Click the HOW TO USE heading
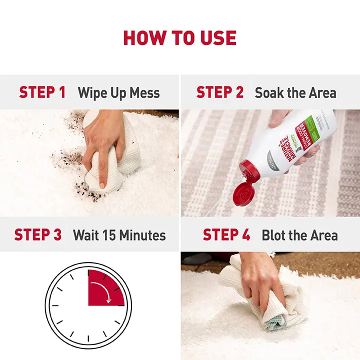(x=180, y=38)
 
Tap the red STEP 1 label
(x=42, y=92)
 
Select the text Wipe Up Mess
(x=118, y=93)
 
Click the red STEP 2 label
(x=220, y=92)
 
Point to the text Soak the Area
(x=295, y=93)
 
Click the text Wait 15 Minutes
(x=119, y=235)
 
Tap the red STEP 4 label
(x=227, y=235)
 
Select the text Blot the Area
(x=299, y=235)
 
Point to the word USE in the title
(x=214, y=38)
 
